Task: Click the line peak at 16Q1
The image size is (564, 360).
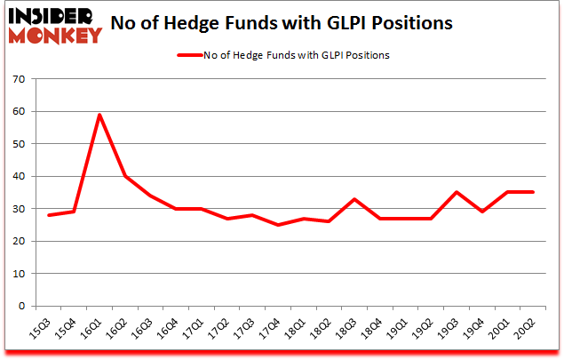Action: [x=100, y=115]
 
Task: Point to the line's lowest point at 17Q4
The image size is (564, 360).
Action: [x=279, y=225]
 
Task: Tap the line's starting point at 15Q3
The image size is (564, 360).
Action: [x=49, y=215]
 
